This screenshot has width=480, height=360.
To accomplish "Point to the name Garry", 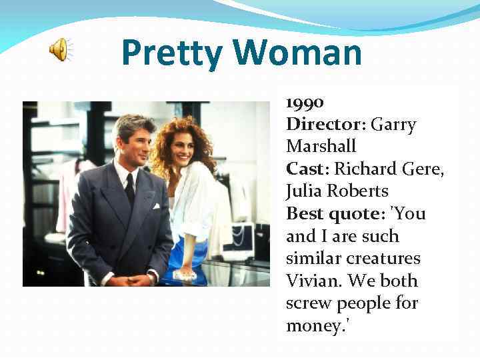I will (393, 124).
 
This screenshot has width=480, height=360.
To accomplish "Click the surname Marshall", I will (321, 146).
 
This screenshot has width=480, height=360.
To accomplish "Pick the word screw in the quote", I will (307, 303).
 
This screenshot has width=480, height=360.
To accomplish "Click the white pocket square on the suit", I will (156, 206).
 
